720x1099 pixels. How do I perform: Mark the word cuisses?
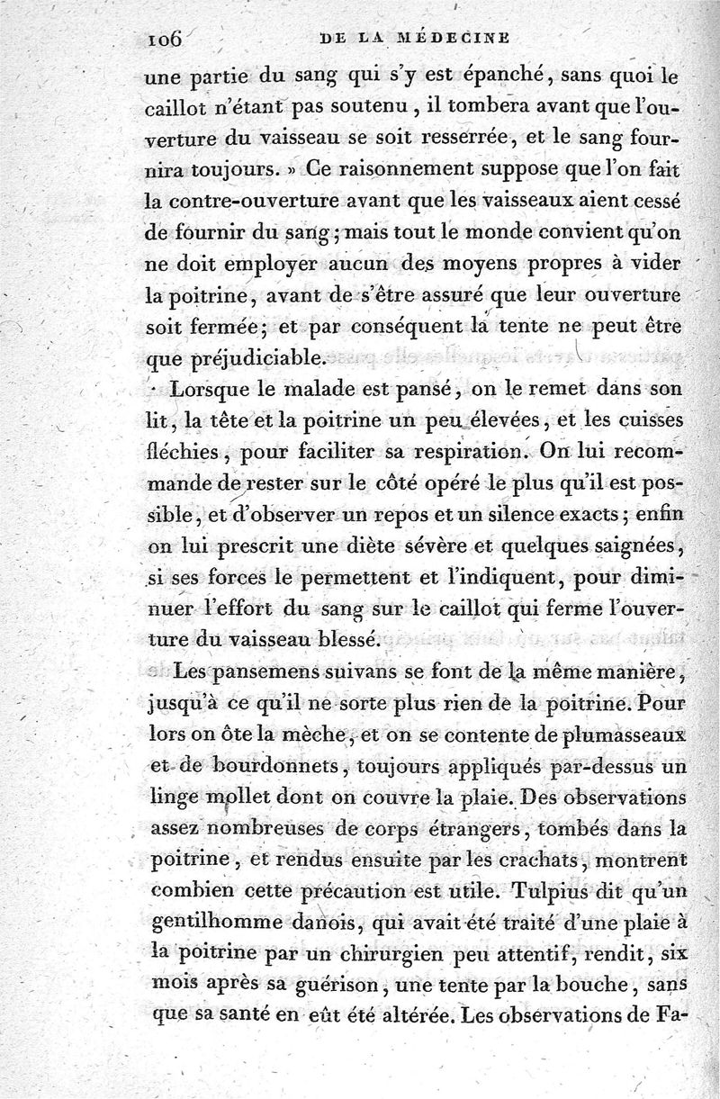(643, 420)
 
